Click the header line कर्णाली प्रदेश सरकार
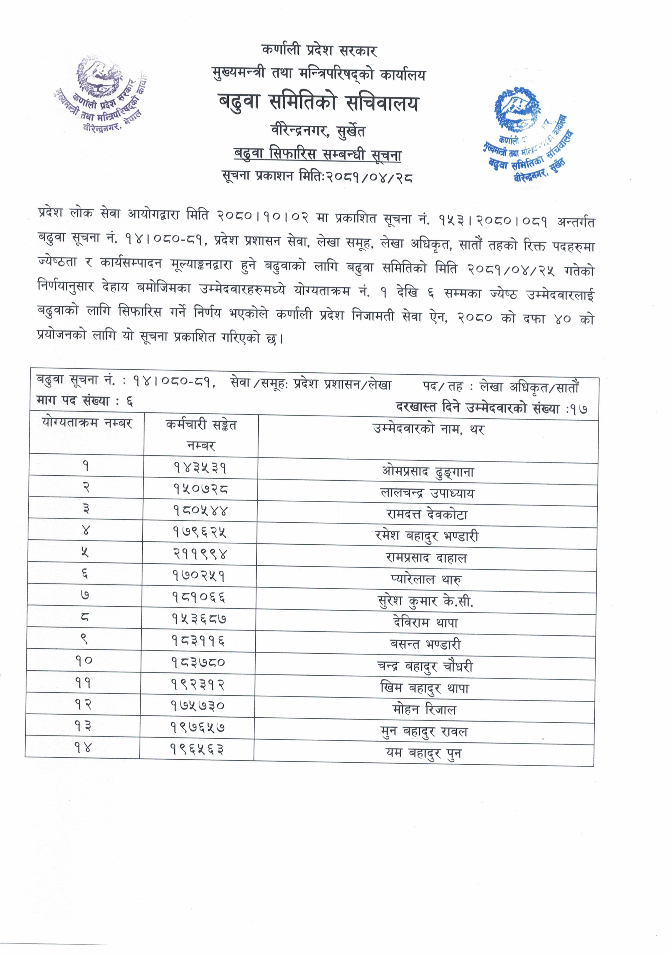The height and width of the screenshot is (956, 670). click(319, 51)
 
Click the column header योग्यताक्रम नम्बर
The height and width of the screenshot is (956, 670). click(87, 424)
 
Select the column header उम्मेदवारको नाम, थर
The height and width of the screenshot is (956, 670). click(429, 429)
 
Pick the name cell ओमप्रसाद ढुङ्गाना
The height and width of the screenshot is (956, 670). click(428, 472)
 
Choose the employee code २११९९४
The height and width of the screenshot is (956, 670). click(200, 554)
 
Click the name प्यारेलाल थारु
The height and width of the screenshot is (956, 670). click(426, 579)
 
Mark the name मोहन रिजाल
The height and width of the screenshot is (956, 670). click(424, 709)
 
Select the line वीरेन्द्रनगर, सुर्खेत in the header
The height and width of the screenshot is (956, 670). click(318, 132)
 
